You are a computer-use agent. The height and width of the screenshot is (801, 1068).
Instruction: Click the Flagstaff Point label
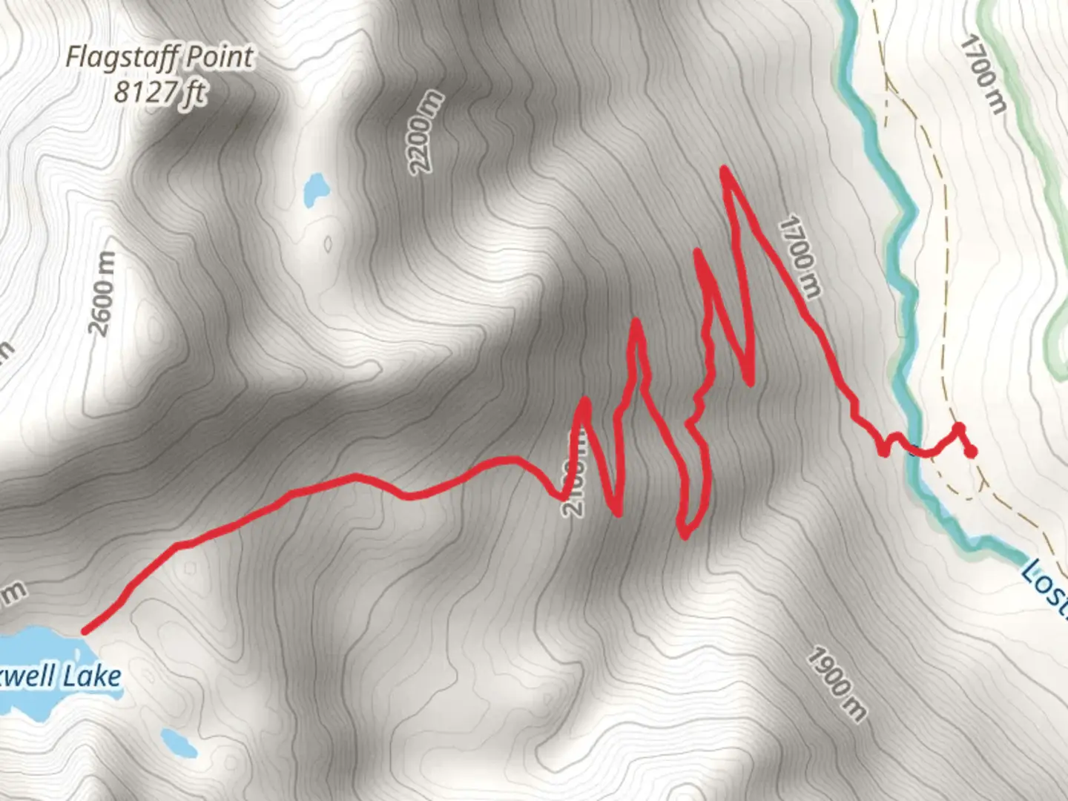(159, 58)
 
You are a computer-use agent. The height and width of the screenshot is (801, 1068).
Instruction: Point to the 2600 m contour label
(102, 293)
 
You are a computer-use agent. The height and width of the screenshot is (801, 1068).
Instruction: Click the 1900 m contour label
(836, 685)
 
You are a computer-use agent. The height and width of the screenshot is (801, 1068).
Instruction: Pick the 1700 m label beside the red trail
(800, 257)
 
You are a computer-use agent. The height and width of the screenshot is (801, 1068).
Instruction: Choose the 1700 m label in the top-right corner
(983, 75)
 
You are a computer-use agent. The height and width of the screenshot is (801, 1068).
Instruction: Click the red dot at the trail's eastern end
(969, 451)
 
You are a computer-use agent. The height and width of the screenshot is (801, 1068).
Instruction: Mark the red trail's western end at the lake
(85, 632)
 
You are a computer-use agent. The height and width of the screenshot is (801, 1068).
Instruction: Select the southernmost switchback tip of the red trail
(684, 535)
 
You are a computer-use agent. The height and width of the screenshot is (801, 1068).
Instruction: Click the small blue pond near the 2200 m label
(316, 190)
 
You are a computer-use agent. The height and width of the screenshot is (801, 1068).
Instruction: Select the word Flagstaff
(119, 58)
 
